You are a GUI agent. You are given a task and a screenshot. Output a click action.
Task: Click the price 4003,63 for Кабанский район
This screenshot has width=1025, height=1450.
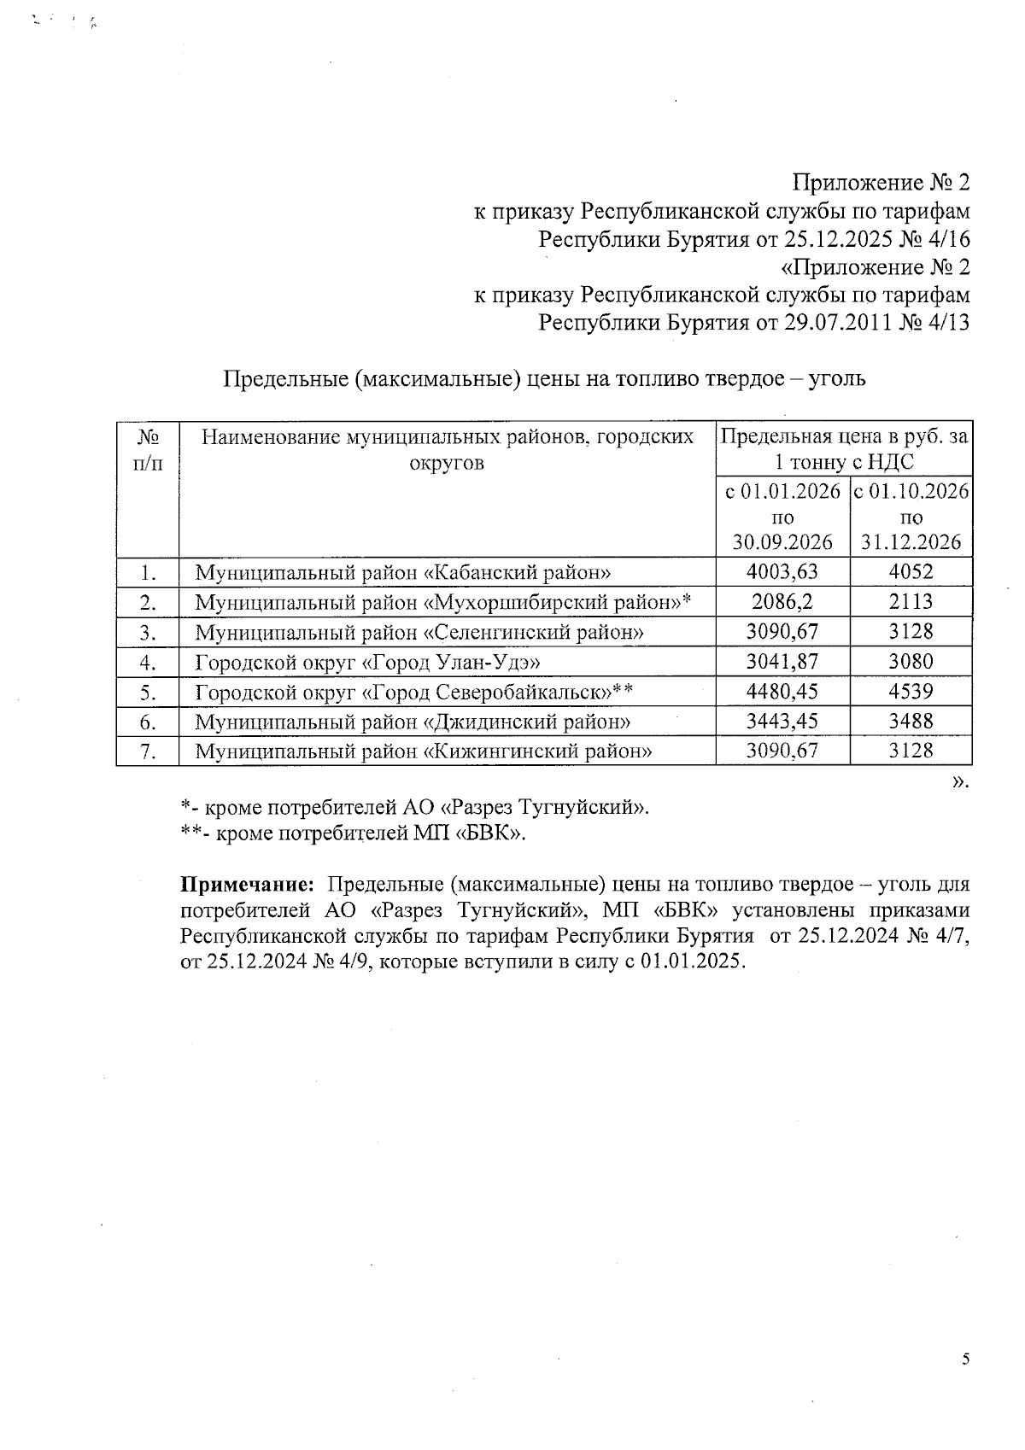[x=782, y=572]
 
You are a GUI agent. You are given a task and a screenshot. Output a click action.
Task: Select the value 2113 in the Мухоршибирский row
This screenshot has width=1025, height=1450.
[x=911, y=602]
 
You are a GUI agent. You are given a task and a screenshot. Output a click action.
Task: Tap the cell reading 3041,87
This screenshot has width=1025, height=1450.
[x=782, y=662]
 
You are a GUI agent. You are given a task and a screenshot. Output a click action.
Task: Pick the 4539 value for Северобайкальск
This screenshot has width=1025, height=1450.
[x=911, y=692]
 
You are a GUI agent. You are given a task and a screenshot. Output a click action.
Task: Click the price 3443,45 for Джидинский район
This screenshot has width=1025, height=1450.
[x=782, y=722]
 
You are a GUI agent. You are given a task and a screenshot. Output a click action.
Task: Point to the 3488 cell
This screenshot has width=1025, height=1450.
[x=911, y=722]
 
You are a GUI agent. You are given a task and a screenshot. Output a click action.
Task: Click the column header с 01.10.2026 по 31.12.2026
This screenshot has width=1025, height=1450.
[x=911, y=516]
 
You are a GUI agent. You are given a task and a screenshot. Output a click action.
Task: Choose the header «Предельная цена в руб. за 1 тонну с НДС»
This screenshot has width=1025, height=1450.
[x=844, y=449]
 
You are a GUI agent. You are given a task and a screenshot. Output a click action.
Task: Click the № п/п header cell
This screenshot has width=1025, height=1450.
[x=148, y=449]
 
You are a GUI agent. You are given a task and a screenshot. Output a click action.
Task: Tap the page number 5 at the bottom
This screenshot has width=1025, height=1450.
[x=965, y=1359]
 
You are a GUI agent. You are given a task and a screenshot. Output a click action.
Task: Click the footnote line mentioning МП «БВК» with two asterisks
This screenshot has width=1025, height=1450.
[x=354, y=833]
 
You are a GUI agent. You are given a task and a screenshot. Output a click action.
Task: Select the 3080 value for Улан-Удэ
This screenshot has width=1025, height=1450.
[x=911, y=662]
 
